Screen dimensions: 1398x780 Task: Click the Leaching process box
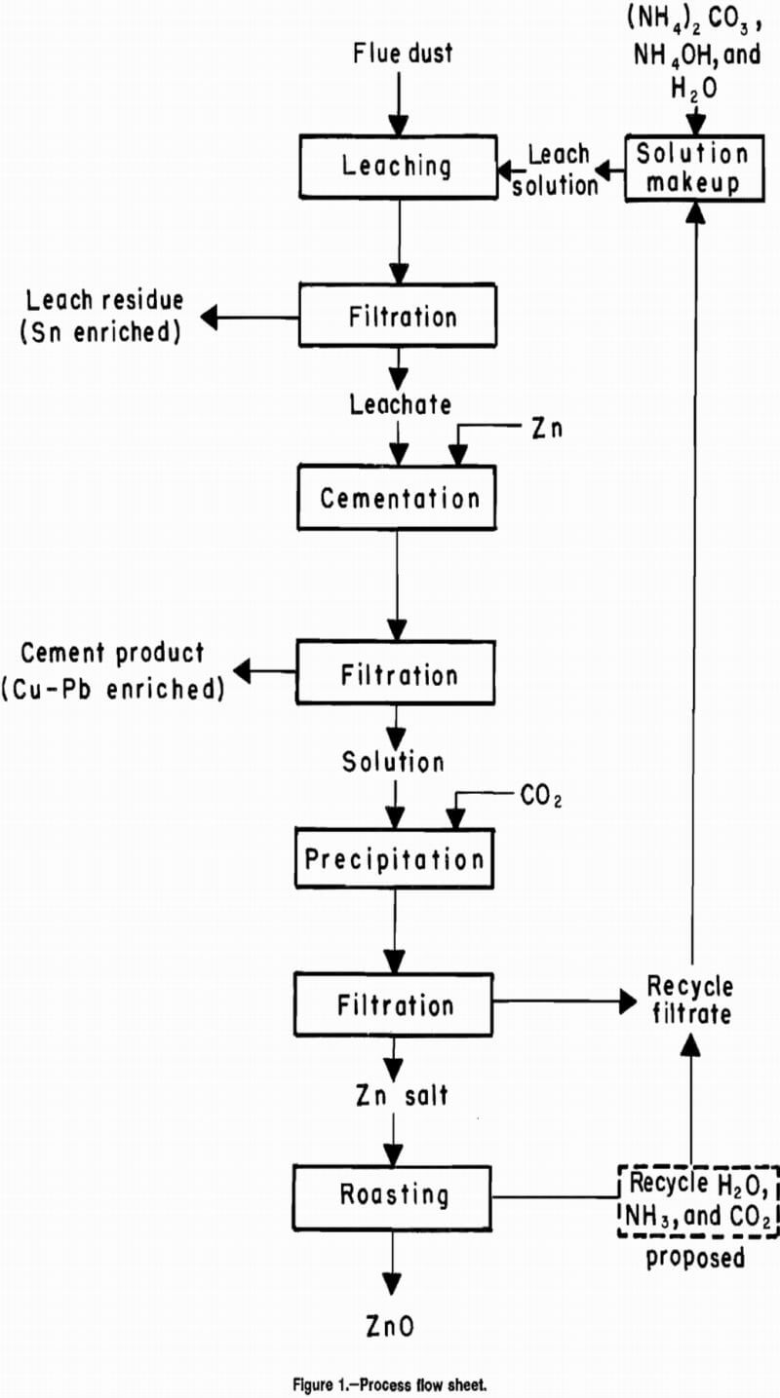tap(396, 166)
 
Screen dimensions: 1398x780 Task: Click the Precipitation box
tap(394, 859)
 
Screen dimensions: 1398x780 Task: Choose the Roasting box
tap(395, 1194)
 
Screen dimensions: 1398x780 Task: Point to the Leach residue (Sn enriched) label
tap(103, 316)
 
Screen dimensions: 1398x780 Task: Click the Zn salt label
tap(400, 1095)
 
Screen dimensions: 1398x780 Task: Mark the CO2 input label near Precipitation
tap(541, 798)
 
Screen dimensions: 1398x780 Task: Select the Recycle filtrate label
tap(689, 999)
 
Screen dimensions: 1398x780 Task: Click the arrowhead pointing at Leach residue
tap(212, 317)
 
